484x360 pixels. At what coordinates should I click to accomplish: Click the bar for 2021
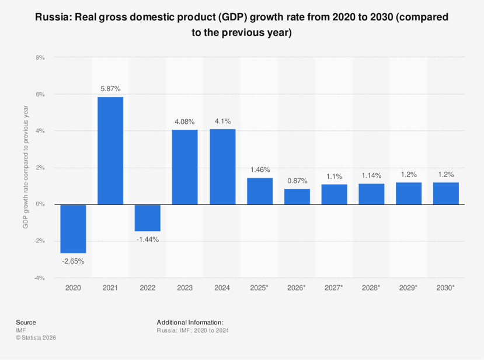(x=110, y=151)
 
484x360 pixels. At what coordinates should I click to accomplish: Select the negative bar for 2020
(x=73, y=229)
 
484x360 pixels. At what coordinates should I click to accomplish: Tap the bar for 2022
(x=148, y=217)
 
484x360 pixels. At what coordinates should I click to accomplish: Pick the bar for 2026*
(x=297, y=196)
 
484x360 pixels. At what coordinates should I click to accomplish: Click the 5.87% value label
(x=110, y=89)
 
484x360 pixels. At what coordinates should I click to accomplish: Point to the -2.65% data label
(x=73, y=261)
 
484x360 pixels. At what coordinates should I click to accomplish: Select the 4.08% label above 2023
(x=185, y=122)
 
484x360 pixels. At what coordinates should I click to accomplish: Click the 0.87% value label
(x=297, y=181)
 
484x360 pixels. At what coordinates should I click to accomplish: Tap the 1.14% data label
(x=371, y=175)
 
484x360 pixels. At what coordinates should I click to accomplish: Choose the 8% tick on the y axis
(x=40, y=57)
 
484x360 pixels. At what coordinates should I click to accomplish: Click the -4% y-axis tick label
(x=40, y=278)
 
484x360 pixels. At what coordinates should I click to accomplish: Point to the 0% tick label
(x=40, y=204)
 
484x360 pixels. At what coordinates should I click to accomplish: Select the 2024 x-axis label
(x=222, y=288)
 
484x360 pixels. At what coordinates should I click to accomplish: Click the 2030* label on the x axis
(x=446, y=288)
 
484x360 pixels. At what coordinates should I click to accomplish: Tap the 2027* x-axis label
(x=334, y=288)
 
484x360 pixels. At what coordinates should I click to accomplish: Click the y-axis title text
(x=26, y=167)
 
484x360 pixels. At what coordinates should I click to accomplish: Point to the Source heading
(x=26, y=322)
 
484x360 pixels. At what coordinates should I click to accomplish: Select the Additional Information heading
(x=190, y=322)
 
